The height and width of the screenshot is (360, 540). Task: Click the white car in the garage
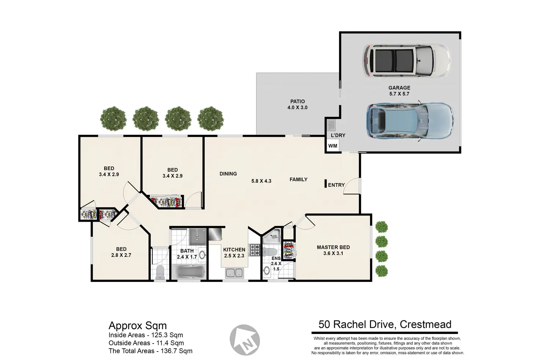point(407,61)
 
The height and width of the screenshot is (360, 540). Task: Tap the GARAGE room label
point(399,88)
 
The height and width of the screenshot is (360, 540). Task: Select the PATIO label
point(298,102)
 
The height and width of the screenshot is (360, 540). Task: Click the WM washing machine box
point(333,146)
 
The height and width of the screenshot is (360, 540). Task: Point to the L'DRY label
point(338,135)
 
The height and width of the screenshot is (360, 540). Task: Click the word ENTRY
point(336,185)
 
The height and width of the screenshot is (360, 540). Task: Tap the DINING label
point(228,174)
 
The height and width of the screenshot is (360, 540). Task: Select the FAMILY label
point(299,179)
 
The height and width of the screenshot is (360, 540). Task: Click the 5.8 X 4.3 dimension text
point(261,181)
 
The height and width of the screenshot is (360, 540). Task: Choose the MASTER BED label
point(333,247)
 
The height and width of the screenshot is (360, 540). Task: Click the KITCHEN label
point(234,250)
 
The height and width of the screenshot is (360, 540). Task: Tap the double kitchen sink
point(234,273)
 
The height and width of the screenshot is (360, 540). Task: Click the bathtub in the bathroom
point(192,272)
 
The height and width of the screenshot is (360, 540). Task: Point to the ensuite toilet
point(270,252)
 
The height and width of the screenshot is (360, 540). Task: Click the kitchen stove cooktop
point(255,250)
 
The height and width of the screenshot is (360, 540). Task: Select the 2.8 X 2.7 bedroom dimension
point(121,255)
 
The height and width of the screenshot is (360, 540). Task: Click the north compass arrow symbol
point(245,340)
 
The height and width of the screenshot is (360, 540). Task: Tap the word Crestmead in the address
point(426,324)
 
